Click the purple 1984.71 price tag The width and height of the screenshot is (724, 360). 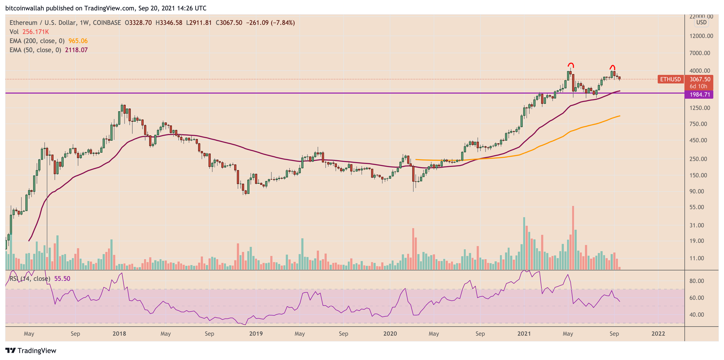tap(700, 94)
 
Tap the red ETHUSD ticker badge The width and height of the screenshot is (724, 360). tap(670, 79)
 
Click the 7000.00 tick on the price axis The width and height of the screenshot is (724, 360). tap(700, 53)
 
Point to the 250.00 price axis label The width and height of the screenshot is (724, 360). tap(698, 159)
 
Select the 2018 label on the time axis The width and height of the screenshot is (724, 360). tap(119, 334)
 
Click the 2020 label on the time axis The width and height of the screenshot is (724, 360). tap(390, 334)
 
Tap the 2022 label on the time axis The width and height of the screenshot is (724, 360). tap(658, 334)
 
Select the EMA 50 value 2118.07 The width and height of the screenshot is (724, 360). tap(76, 50)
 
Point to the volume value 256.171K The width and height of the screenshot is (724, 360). tap(35, 32)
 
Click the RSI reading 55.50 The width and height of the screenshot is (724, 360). tap(62, 279)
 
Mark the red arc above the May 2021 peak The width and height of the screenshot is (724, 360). tap(571, 65)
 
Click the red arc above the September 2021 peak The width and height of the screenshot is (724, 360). tap(613, 67)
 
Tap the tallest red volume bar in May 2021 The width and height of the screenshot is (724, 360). tap(573, 238)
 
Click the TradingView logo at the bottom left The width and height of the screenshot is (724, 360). tap(31, 350)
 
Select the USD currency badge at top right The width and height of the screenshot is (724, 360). tap(701, 22)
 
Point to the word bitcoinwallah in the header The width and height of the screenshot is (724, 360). tap(24, 8)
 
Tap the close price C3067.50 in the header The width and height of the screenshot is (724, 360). tap(229, 23)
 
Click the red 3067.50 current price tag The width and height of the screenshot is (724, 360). tap(700, 79)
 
